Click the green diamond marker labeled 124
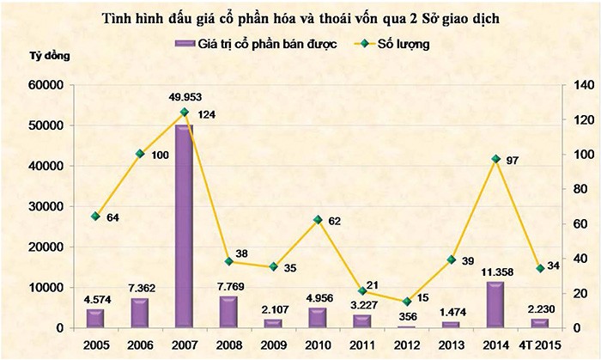184,113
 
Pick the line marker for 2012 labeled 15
407,302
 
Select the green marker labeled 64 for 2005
96,217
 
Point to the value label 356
407,316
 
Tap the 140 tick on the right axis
573,85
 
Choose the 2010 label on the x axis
318,345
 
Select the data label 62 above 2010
335,222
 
